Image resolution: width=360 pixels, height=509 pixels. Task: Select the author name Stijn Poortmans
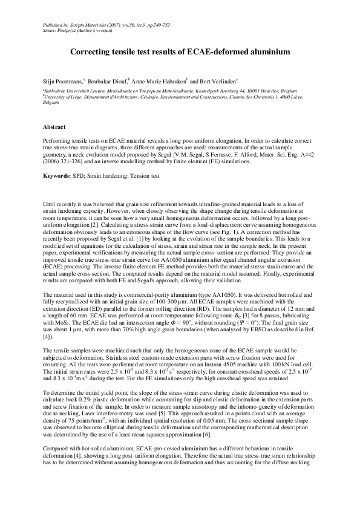click(x=62, y=79)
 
